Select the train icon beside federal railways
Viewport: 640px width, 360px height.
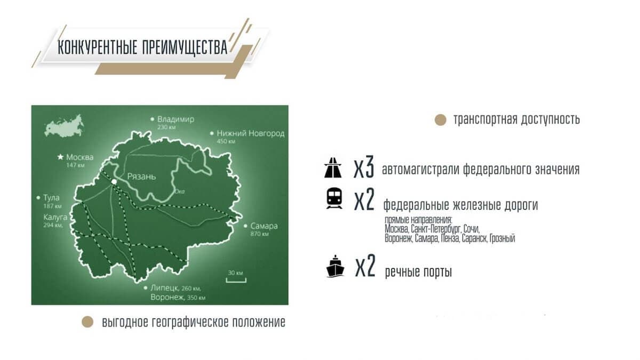click(x=334, y=198)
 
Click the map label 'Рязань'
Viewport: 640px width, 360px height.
click(x=141, y=177)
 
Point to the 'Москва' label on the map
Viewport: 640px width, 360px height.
click(x=79, y=157)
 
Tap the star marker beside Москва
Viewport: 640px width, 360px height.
click(x=60, y=157)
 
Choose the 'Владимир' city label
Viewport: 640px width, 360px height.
click(x=176, y=119)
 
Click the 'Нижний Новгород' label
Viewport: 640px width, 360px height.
click(x=250, y=133)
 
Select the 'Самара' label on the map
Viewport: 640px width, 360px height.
click(x=263, y=226)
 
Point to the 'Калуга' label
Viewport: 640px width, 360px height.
click(x=55, y=217)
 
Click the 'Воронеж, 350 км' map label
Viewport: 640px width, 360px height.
click(x=178, y=298)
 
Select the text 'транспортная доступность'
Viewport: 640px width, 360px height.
click(x=516, y=119)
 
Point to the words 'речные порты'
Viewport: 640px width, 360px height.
click(x=418, y=272)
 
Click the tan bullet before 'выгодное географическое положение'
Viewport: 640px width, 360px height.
click(x=85, y=322)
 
